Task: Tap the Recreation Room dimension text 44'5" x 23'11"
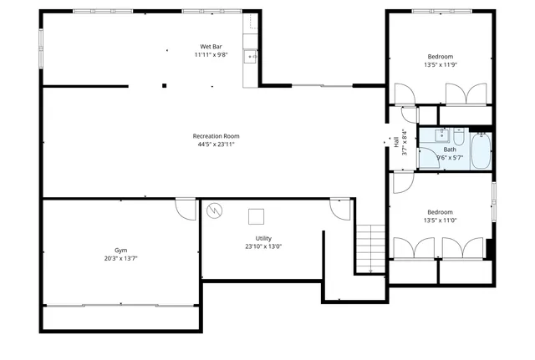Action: click(216, 145)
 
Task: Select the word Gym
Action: click(120, 250)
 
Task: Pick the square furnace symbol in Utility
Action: click(257, 215)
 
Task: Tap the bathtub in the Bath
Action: click(481, 150)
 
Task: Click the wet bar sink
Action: click(249, 57)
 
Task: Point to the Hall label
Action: click(396, 142)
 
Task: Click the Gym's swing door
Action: click(185, 208)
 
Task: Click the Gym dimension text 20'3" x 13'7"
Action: click(120, 259)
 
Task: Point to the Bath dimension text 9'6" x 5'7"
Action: click(450, 157)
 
